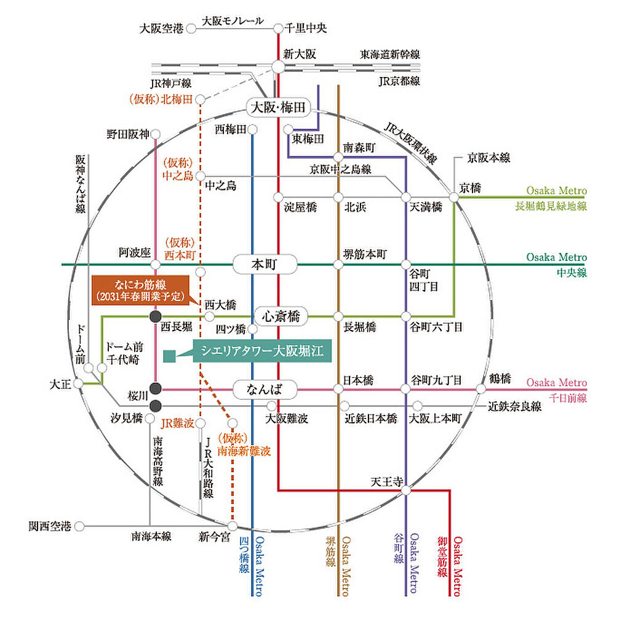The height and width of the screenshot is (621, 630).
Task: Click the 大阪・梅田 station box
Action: (278, 107)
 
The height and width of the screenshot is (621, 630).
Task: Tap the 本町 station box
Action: (265, 265)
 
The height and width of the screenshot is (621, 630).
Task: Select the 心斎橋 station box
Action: (281, 316)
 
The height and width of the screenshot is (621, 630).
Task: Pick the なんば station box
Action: (265, 389)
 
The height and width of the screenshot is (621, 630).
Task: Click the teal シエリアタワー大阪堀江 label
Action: (262, 351)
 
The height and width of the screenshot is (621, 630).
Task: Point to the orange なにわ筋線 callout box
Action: (140, 290)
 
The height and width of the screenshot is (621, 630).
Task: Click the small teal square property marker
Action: (170, 356)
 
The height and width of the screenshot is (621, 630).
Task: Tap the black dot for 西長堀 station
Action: (156, 316)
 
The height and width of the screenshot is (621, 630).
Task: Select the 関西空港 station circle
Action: (79, 526)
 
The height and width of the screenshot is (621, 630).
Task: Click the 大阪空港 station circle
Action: (191, 28)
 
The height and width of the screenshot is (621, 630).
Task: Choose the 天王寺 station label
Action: (386, 481)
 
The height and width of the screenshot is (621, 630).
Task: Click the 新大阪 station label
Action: (300, 54)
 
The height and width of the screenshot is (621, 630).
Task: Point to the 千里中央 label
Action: (306, 28)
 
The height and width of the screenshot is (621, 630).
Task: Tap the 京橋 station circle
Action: (453, 198)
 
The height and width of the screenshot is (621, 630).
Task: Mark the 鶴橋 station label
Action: (500, 379)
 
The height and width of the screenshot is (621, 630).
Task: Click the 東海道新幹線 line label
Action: (389, 54)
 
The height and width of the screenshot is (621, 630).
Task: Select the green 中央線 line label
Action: (572, 273)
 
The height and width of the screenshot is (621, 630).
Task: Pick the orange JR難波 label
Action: (178, 423)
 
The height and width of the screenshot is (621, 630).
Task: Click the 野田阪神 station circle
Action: (156, 134)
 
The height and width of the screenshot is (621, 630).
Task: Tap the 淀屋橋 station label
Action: (300, 207)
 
